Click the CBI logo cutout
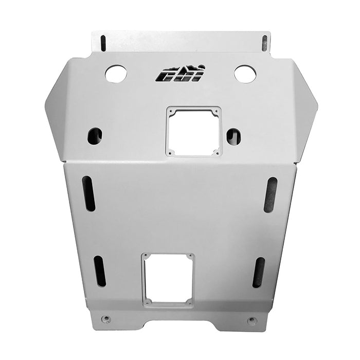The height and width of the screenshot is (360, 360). pyautogui.click(x=180, y=74)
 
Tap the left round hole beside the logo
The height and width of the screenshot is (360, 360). pyautogui.click(x=116, y=74)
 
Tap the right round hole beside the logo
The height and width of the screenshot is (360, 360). pyautogui.click(x=245, y=74)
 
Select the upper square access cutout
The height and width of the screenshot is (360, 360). pyautogui.click(x=193, y=131)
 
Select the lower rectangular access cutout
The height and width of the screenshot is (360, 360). pyautogui.click(x=168, y=280)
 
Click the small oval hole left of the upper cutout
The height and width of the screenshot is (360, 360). pyautogui.click(x=95, y=136)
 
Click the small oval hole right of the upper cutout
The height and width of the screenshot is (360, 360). pyautogui.click(x=233, y=136)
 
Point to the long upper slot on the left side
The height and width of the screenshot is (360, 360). pyautogui.click(x=89, y=193)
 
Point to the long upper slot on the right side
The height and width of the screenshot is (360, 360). pyautogui.click(x=271, y=195)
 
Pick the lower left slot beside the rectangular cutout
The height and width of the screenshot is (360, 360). pyautogui.click(x=99, y=271)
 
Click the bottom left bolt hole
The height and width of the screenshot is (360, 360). pyautogui.click(x=105, y=319)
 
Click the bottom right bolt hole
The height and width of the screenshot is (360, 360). pyautogui.click(x=252, y=320)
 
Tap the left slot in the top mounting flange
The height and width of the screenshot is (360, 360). pyautogui.click(x=103, y=43)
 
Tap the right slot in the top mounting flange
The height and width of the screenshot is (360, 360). pyautogui.click(x=265, y=43)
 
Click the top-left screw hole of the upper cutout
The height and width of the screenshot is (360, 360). pyautogui.click(x=171, y=111)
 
